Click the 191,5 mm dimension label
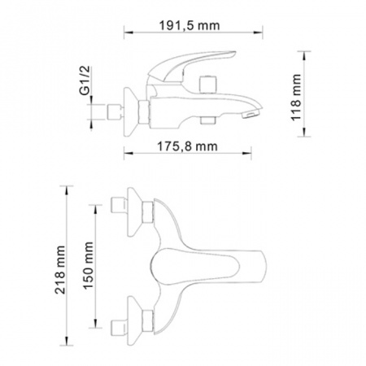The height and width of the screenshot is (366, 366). click(190, 26)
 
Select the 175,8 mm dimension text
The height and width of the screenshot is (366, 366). click(187, 146)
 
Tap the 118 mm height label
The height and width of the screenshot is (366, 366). click(296, 98)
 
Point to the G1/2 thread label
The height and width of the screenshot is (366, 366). click(85, 81)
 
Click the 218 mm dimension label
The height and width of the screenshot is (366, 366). click(60, 270)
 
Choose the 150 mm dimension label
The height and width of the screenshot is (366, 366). click(89, 266)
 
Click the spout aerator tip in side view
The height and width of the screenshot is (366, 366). click(251, 113)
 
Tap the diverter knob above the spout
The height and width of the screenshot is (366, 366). click(208, 85)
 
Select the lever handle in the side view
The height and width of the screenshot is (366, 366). click(191, 66)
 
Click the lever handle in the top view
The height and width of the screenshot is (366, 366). click(208, 267)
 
